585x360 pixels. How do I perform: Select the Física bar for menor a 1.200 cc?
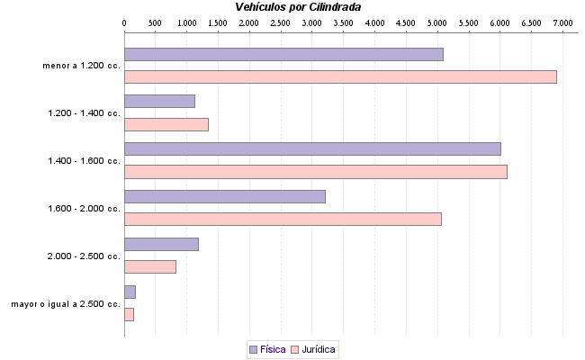283,54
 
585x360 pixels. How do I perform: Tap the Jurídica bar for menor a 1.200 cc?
340,76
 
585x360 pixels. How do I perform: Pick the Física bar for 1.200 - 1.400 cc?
159,101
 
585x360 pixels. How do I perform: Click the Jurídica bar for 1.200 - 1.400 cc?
166,124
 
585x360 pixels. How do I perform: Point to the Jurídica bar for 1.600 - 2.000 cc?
283,219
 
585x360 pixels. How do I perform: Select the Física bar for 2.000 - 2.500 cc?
161,244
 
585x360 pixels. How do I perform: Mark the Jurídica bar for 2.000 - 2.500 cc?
150,266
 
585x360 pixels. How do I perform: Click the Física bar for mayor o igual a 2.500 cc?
130,292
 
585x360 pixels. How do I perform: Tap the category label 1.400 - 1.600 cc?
84,161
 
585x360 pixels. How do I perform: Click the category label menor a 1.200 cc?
81,66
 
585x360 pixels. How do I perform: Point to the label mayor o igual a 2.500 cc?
66,304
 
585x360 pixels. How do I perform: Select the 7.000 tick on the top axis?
563,21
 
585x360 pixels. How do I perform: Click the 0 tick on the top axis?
124,21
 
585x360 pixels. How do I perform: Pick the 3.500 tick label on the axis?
344,21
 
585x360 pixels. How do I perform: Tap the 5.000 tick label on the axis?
437,21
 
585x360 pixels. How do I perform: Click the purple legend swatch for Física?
253,348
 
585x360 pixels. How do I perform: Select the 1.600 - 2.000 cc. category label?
84,209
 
